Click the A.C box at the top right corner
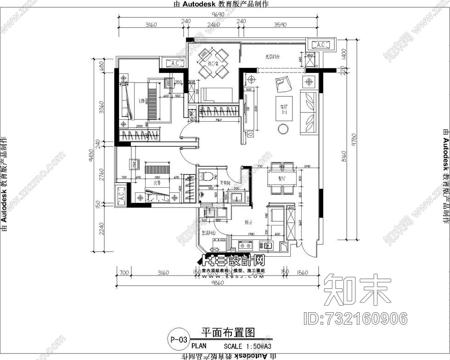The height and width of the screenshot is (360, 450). tap(321, 45)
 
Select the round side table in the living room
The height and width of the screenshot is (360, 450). tap(283, 129)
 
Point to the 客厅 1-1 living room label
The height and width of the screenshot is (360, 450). tap(283, 109)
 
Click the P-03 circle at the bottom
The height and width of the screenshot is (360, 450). tap(178, 340)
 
